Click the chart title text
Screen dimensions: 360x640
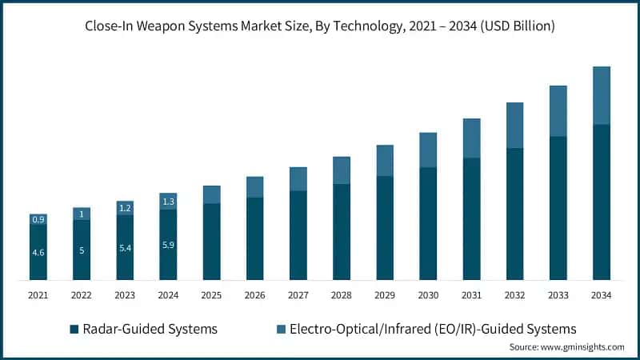point(320,26)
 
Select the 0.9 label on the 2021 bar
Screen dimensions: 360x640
point(38,219)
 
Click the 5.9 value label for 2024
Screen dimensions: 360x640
point(168,246)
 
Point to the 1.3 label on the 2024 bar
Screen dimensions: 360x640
point(168,202)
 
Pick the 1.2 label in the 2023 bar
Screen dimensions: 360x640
point(125,208)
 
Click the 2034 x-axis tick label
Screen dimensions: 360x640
point(601,295)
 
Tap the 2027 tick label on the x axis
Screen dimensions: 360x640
point(298,295)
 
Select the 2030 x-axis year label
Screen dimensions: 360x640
point(428,295)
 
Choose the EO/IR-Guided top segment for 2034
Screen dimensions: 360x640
point(601,95)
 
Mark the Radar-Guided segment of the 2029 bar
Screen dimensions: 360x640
point(385,228)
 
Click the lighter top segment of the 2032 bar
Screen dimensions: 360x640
point(514,126)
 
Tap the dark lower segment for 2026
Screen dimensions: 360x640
point(254,238)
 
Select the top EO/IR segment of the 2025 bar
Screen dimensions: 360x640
point(211,194)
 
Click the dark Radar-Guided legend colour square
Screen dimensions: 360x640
point(74,329)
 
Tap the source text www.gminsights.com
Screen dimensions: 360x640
point(566,347)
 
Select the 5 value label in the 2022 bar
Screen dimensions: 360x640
point(82,250)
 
